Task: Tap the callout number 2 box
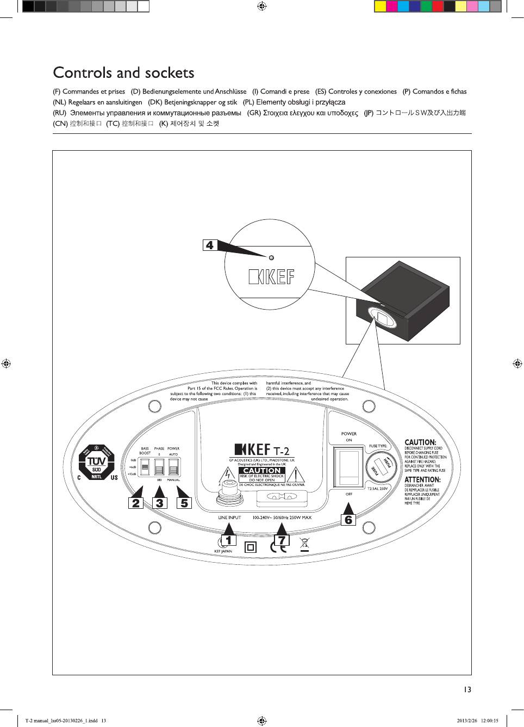pos(136,503)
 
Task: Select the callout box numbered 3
pos(159,503)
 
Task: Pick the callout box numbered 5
pos(184,503)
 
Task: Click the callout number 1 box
pos(228,540)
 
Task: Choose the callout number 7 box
pos(281,540)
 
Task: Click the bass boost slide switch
pos(145,467)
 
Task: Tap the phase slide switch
pos(159,467)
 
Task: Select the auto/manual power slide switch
pos(173,467)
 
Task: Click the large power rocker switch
pos(349,466)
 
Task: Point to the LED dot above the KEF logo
pos(272,257)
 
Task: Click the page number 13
pos(467,690)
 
